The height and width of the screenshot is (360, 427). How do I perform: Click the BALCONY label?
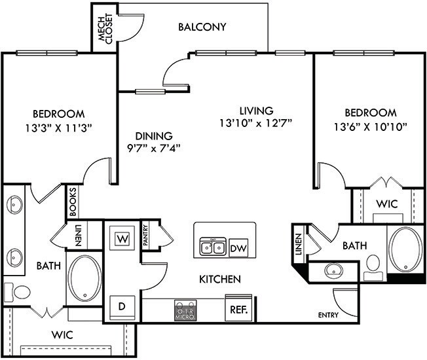click(202, 27)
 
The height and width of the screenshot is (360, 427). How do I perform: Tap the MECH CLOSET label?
click(105, 29)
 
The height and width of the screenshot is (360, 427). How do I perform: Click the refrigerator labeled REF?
click(238, 308)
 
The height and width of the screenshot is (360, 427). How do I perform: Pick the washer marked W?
click(122, 239)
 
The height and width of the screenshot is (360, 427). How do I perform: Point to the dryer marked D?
click(121, 306)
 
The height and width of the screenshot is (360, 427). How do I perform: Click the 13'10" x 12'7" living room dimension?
click(255, 122)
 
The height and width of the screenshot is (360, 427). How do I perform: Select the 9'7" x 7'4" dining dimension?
click(153, 147)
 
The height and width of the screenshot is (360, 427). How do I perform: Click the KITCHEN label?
click(220, 279)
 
